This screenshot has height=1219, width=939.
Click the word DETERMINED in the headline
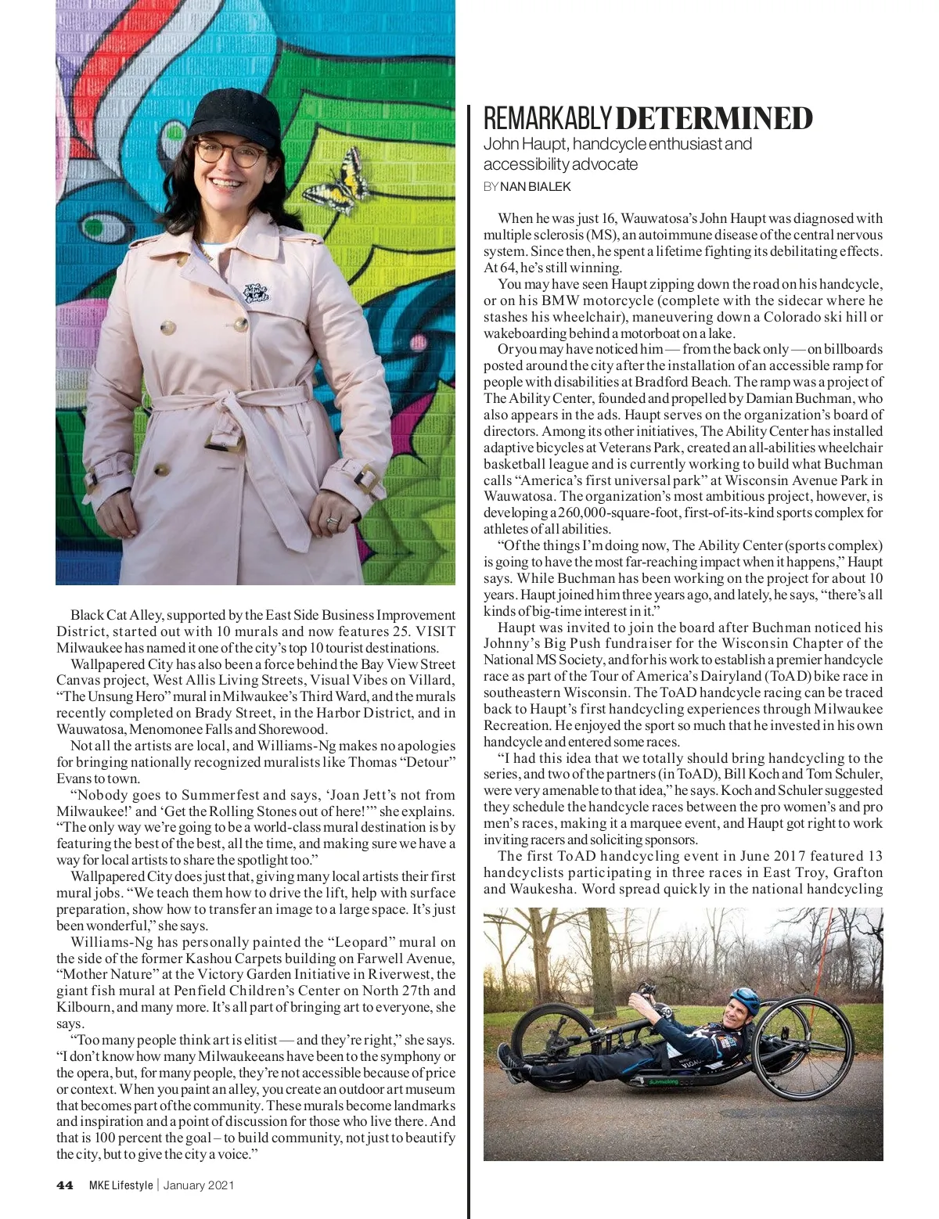click(714, 119)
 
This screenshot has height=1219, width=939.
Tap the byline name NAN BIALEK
click(535, 186)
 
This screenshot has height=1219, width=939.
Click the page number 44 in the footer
click(65, 1185)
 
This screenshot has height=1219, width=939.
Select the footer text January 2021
click(199, 1185)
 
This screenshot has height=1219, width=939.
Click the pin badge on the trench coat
click(258, 295)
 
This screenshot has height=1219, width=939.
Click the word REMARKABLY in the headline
click(547, 119)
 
